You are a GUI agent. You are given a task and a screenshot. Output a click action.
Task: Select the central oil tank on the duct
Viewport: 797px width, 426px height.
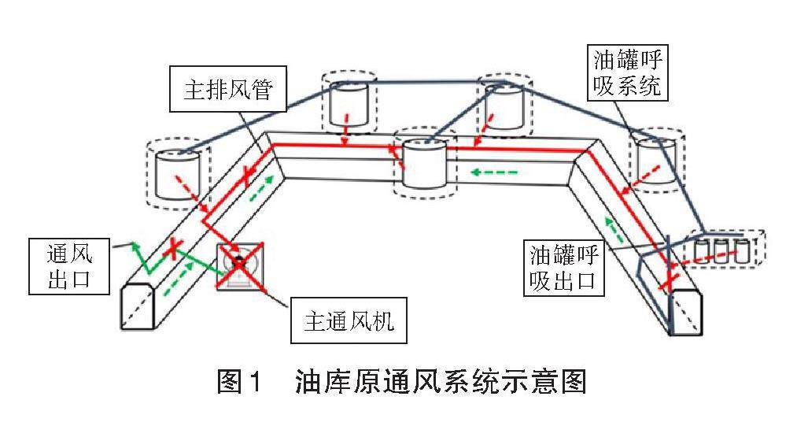(x=424, y=163)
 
